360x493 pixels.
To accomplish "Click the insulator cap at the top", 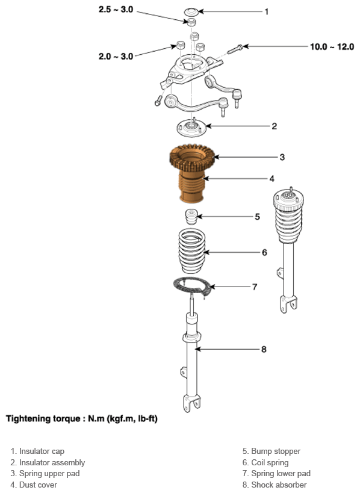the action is [x=191, y=12].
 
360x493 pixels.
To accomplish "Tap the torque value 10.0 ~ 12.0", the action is [x=332, y=47].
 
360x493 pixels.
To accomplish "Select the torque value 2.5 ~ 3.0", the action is [x=116, y=10].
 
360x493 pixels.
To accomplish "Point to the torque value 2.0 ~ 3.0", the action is [x=116, y=57].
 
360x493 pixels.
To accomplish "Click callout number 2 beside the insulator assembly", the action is [x=274, y=126].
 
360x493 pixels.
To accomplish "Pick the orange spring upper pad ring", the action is [x=192, y=158].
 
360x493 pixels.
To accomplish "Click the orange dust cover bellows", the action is [x=191, y=187].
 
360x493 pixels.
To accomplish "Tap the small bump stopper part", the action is [x=190, y=217].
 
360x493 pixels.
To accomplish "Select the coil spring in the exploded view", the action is [x=192, y=251].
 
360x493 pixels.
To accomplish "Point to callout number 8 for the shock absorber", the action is [x=264, y=349].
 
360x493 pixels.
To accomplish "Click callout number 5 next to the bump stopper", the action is [x=258, y=217].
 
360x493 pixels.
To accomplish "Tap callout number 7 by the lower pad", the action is [x=255, y=287].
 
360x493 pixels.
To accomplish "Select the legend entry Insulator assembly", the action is [x=48, y=462].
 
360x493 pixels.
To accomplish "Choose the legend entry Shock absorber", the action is [x=275, y=485].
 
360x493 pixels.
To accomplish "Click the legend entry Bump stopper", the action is [x=272, y=451].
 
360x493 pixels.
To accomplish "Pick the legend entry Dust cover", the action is [x=34, y=485].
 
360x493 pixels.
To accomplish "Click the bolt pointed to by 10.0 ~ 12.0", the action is [x=235, y=49].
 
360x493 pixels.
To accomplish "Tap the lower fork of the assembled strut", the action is [x=288, y=304].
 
